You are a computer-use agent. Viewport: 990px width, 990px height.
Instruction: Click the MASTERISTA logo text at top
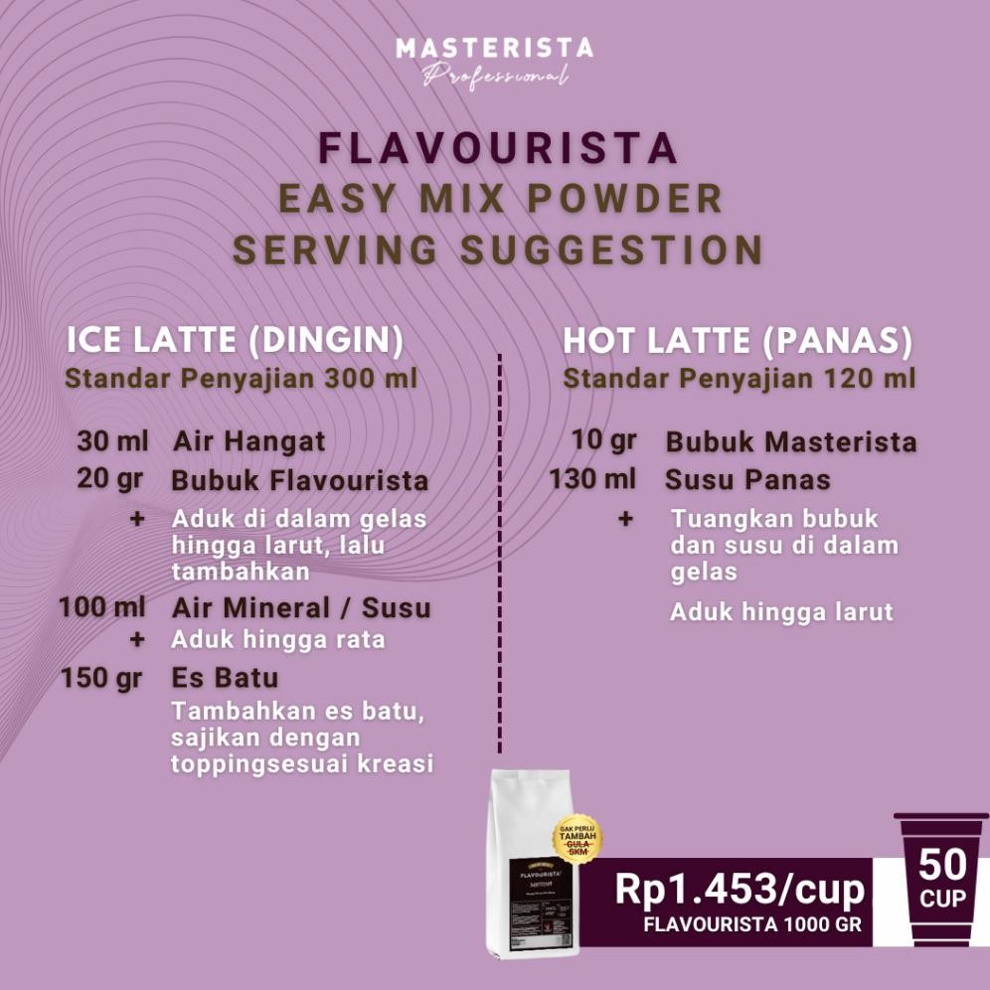494,48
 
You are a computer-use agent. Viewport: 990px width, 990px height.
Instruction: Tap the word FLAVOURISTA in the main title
498,148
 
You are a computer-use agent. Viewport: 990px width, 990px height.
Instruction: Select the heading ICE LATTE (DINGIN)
236,341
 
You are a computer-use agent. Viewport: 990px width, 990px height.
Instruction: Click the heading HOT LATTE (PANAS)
738,341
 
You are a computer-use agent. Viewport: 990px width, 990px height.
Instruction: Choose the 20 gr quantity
110,479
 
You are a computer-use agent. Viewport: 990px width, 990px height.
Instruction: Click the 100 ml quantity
102,606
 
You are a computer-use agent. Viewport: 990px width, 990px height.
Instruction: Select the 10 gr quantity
603,439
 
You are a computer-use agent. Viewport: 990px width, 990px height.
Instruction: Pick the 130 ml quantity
592,479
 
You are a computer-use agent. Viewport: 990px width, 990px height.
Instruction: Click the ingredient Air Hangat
248,441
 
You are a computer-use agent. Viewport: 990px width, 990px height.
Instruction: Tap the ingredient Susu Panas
747,480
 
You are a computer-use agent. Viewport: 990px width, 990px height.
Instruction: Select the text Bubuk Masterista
791,441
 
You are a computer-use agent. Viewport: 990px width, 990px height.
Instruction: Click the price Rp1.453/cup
740,890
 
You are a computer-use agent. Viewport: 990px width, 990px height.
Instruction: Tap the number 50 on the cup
941,864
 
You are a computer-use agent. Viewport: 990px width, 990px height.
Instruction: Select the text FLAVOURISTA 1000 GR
752,923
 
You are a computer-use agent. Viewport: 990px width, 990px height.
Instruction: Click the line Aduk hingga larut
781,611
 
